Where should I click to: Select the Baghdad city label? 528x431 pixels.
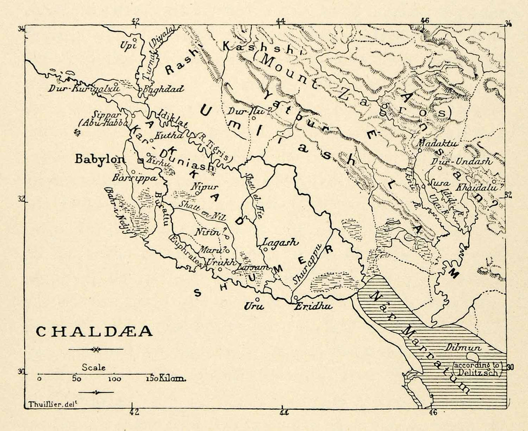click(158, 88)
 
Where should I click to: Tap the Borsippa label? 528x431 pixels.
click(128, 179)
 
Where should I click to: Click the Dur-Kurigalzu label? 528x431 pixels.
click(84, 88)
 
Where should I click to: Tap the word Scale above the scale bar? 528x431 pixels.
click(94, 367)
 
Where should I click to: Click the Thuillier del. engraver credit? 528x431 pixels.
click(44, 404)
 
